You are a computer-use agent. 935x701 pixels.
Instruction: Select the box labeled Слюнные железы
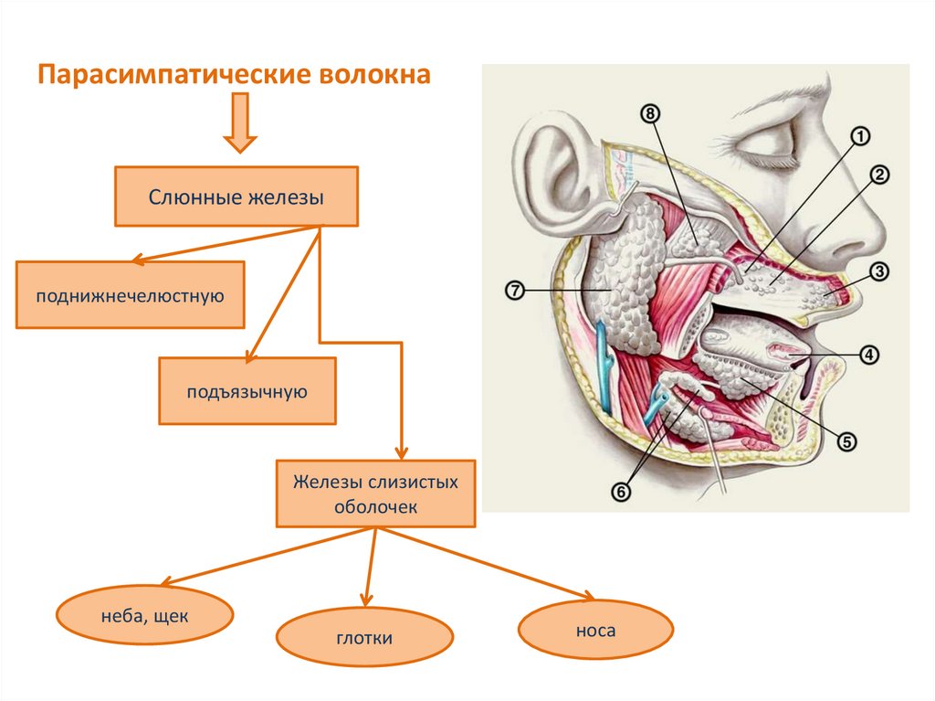click(x=236, y=196)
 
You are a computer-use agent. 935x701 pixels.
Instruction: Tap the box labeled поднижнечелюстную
click(x=130, y=294)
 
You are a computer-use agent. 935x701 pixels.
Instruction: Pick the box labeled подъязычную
click(x=247, y=391)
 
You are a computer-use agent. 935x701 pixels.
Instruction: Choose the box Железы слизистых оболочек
click(x=375, y=494)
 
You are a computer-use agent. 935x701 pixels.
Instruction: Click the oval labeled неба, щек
click(x=144, y=616)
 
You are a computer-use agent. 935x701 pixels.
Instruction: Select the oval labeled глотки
click(x=364, y=637)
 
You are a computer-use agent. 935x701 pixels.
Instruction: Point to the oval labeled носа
click(x=595, y=630)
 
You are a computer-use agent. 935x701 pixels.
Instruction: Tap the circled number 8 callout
click(x=649, y=113)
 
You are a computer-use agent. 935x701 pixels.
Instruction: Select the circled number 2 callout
click(x=878, y=176)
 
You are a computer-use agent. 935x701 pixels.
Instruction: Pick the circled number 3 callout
click(x=878, y=271)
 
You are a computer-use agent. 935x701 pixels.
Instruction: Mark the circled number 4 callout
click(x=868, y=355)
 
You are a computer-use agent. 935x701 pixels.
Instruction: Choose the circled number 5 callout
click(x=846, y=441)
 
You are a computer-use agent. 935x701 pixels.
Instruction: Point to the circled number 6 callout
click(x=621, y=493)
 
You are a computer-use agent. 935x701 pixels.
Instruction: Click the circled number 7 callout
click(x=514, y=292)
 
